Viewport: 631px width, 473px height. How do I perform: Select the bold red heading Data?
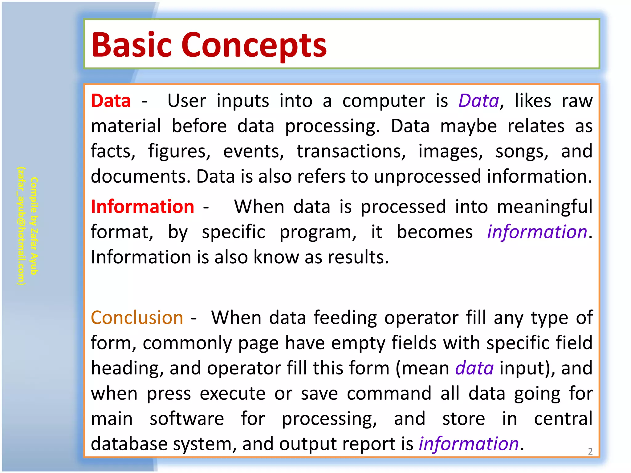(x=111, y=101)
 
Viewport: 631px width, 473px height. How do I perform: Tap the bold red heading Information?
(x=142, y=207)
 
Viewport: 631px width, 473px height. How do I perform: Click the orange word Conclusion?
(x=137, y=318)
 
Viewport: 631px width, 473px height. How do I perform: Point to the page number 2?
(x=590, y=451)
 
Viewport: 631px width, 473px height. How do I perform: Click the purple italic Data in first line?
(x=478, y=101)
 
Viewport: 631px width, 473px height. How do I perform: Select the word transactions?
(x=351, y=152)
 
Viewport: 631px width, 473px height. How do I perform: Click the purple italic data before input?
(x=474, y=368)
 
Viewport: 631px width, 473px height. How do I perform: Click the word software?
(x=187, y=419)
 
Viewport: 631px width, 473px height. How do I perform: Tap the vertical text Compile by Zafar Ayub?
(x=34, y=226)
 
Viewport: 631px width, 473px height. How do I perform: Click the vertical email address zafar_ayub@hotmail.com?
(x=21, y=226)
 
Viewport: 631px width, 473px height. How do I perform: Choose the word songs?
(x=522, y=152)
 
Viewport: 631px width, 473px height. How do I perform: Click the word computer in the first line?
(x=384, y=101)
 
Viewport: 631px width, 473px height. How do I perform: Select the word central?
(x=563, y=419)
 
